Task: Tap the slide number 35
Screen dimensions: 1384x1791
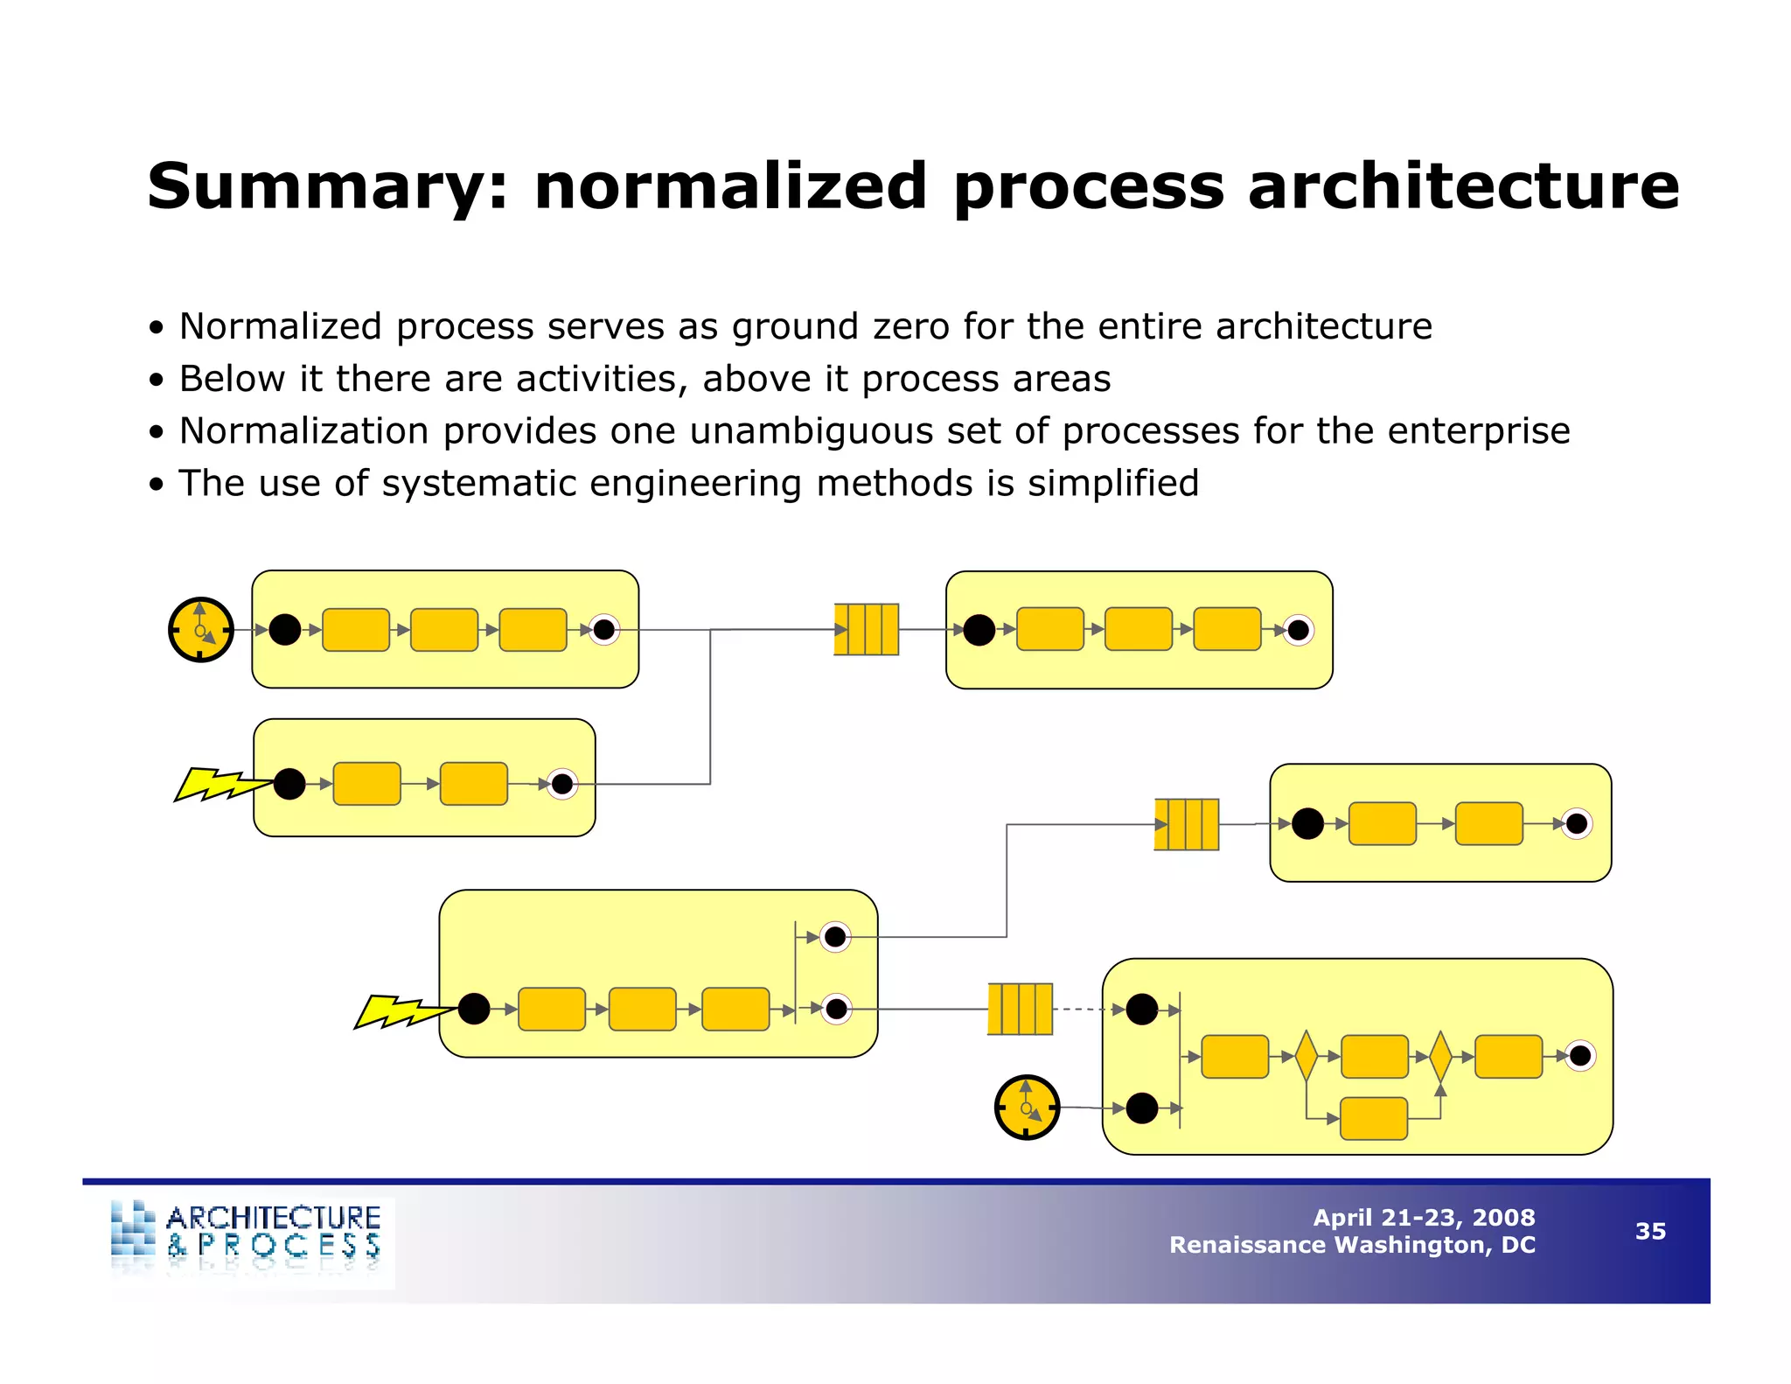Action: (x=1650, y=1231)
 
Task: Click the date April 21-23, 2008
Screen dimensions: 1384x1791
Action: (x=1424, y=1217)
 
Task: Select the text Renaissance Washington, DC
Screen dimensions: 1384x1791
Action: (x=1352, y=1245)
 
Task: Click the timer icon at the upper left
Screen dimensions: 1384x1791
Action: (x=201, y=630)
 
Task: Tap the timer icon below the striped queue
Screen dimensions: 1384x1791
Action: (x=1027, y=1108)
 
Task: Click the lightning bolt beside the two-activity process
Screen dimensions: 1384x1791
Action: (x=220, y=784)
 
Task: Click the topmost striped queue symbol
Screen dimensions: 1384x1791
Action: (x=866, y=629)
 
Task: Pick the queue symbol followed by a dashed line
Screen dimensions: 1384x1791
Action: (x=1020, y=1009)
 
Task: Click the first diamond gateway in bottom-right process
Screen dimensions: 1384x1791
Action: (x=1306, y=1056)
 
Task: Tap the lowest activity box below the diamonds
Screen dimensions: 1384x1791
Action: (x=1373, y=1118)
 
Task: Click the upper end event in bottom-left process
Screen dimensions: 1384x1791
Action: (x=835, y=937)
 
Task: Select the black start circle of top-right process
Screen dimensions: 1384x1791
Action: (x=979, y=630)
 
